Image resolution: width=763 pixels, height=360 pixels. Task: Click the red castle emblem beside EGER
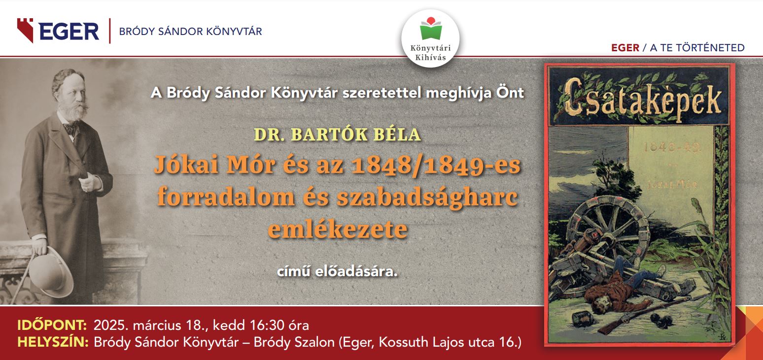(x=25, y=30)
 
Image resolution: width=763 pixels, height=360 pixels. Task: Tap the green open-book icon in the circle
(x=431, y=30)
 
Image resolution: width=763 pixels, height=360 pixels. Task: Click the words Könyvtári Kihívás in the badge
(x=430, y=53)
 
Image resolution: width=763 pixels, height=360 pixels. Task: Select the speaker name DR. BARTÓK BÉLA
(x=337, y=134)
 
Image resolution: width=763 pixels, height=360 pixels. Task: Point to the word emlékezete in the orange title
(x=338, y=229)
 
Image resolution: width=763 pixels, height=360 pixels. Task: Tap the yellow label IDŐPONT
(x=52, y=325)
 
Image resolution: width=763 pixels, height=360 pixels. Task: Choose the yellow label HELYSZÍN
(x=53, y=342)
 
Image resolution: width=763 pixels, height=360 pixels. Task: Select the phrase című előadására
(x=337, y=272)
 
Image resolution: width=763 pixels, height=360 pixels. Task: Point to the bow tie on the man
(x=71, y=128)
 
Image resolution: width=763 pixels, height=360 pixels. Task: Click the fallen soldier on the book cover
(x=624, y=290)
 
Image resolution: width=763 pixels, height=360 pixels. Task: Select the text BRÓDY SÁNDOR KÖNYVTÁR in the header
(x=190, y=32)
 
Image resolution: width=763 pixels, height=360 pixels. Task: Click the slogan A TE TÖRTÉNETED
(x=697, y=48)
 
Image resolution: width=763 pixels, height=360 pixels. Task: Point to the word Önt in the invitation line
(x=510, y=93)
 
